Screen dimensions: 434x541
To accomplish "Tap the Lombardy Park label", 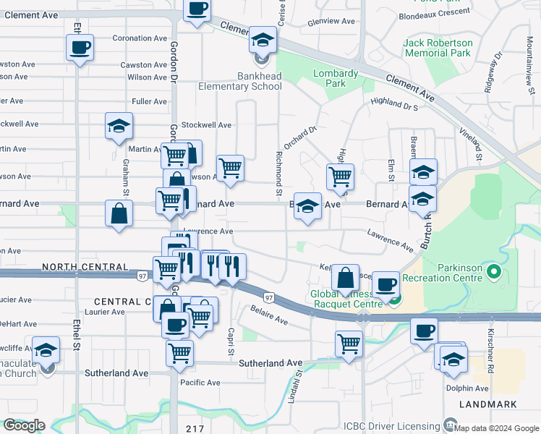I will pyautogui.click(x=336, y=78).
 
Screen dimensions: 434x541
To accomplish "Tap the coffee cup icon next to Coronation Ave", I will pyautogui.click(x=80, y=48).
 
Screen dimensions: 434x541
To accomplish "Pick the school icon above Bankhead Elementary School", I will pyautogui.click(x=263, y=41).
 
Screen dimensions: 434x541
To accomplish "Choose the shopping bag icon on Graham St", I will pyautogui.click(x=119, y=214).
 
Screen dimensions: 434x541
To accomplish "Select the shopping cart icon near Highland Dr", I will pyautogui.click(x=339, y=176).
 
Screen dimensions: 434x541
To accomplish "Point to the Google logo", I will pyautogui.click(x=23, y=425).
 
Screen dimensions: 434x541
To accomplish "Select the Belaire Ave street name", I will pyautogui.click(x=269, y=315).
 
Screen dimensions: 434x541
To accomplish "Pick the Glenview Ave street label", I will pyautogui.click(x=331, y=22).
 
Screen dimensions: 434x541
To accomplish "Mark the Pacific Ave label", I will pyautogui.click(x=200, y=383).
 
